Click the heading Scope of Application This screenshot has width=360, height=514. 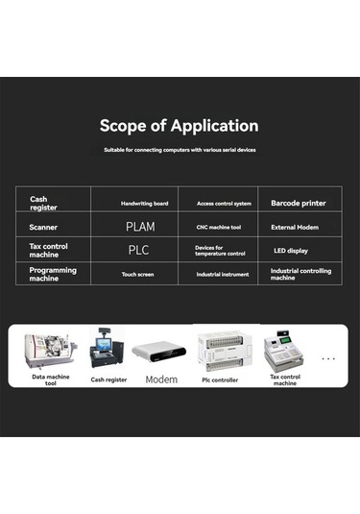pyautogui.click(x=180, y=126)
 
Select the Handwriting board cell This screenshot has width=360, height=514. pyautogui.click(x=145, y=204)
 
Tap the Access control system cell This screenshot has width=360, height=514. pyautogui.click(x=224, y=204)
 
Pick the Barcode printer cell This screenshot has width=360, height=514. pyautogui.click(x=299, y=203)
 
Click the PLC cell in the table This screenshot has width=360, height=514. pyautogui.click(x=139, y=250)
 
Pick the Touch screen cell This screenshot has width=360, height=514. pyautogui.click(x=138, y=274)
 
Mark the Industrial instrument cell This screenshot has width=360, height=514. pyautogui.click(x=222, y=274)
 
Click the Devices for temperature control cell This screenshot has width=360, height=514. pyautogui.click(x=220, y=250)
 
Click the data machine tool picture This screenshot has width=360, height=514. pyautogui.click(x=50, y=350)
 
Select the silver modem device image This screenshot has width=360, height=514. pyautogui.click(x=160, y=354)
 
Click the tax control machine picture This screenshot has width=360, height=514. pyautogui.click(x=283, y=349)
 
